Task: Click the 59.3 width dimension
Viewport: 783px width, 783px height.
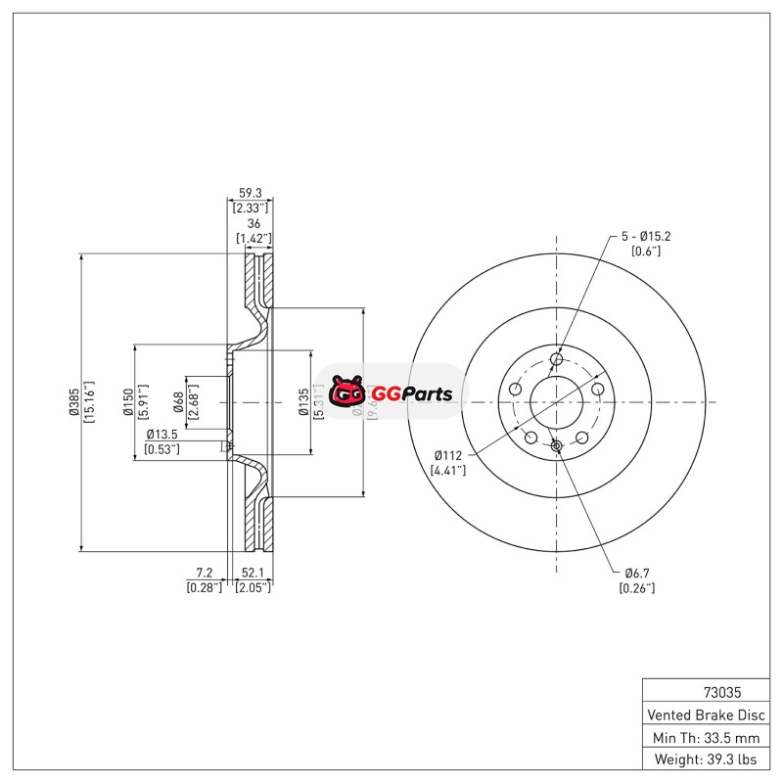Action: click(x=252, y=193)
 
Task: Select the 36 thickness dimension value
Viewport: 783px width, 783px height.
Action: click(x=253, y=224)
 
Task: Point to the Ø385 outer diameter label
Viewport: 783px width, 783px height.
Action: click(x=73, y=401)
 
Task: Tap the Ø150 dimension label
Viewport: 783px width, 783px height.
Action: click(x=127, y=401)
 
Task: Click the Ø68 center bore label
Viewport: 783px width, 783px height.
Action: click(x=178, y=401)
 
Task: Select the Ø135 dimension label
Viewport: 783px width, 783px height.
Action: click(x=303, y=401)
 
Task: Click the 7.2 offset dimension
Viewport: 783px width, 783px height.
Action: click(x=204, y=572)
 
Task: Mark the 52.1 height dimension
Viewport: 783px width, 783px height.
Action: click(x=253, y=572)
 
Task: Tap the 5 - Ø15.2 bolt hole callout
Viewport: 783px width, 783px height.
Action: click(x=646, y=236)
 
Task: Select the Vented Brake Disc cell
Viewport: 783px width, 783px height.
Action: click(x=705, y=714)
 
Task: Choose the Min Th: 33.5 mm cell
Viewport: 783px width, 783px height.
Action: click(x=705, y=737)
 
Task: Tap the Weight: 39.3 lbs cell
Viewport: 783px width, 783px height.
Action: click(x=705, y=760)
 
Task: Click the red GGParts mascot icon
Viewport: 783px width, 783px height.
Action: click(x=347, y=393)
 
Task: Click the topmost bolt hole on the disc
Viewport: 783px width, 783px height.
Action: click(x=557, y=359)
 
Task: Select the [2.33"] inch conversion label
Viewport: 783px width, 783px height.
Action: click(x=252, y=207)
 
